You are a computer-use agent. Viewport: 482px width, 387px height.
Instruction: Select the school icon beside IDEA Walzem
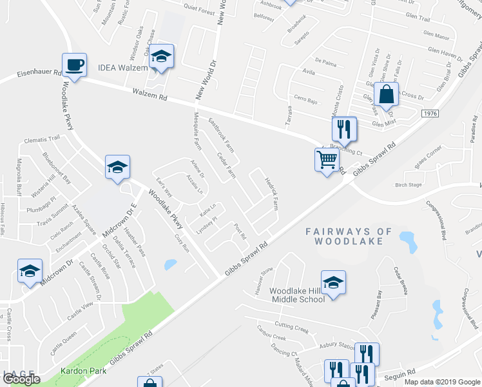tap(162, 58)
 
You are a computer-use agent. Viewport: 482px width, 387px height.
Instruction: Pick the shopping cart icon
tap(327, 159)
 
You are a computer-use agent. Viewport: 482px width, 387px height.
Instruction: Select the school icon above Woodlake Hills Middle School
tap(333, 283)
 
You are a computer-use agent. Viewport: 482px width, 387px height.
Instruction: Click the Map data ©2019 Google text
tap(441, 382)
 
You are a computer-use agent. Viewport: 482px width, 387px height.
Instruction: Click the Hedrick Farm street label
tap(271, 194)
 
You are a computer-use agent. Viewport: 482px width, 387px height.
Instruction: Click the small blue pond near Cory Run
tap(170, 264)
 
